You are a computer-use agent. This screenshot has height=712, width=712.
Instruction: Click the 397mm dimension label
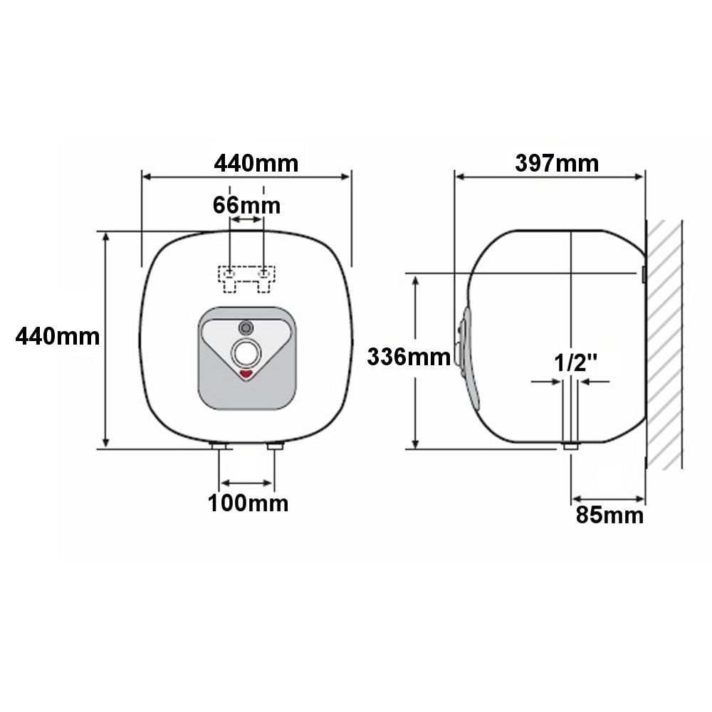(557, 164)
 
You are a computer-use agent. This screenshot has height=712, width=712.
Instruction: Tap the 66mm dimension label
(246, 206)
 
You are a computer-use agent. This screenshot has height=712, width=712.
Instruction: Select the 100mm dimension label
(248, 503)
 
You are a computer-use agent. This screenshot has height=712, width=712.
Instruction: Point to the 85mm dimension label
(609, 515)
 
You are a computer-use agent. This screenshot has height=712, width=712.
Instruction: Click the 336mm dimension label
(409, 357)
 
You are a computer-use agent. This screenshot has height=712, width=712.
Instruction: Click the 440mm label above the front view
(256, 164)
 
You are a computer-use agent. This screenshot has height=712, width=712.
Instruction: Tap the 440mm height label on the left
(58, 337)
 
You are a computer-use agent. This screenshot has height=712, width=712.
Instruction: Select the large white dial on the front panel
(246, 353)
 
